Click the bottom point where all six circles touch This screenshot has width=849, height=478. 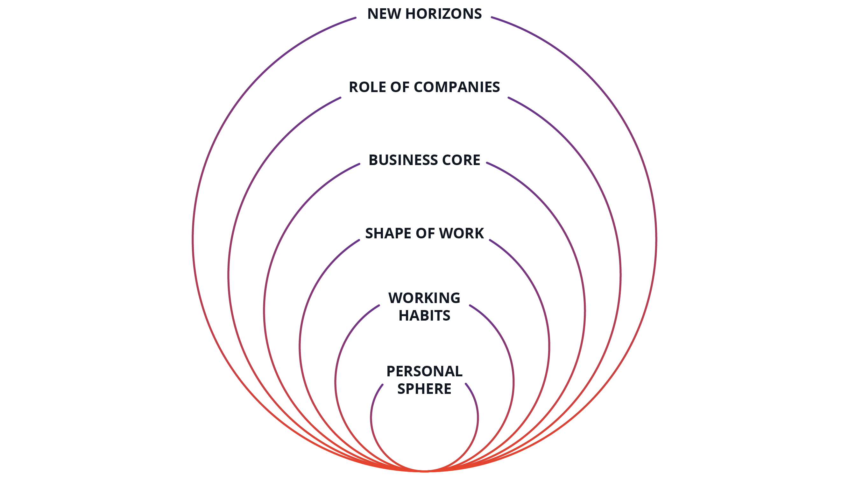[x=425, y=471]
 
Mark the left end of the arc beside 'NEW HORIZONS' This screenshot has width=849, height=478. [x=356, y=18]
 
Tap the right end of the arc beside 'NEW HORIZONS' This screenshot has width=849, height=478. [x=492, y=17]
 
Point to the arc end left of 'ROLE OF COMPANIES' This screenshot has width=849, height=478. [x=340, y=98]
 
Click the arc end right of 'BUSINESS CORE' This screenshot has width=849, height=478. [x=487, y=163]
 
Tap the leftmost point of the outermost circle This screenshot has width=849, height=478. [x=193, y=240]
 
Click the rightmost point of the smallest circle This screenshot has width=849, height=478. [x=478, y=418]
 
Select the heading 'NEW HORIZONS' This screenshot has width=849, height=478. [x=425, y=14]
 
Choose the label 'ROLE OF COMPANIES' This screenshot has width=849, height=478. [x=425, y=87]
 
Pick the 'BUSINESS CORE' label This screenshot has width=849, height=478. [x=425, y=160]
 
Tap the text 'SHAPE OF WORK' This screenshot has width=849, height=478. [x=425, y=233]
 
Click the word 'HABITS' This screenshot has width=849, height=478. [x=425, y=316]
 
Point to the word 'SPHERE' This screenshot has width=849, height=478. [x=425, y=389]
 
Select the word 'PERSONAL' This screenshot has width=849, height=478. [x=425, y=372]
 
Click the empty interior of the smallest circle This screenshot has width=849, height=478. [x=425, y=429]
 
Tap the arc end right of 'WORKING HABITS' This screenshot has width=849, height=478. [x=470, y=306]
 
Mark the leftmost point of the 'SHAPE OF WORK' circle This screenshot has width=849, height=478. [x=300, y=346]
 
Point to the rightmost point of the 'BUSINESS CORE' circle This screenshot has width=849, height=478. [x=585, y=311]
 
